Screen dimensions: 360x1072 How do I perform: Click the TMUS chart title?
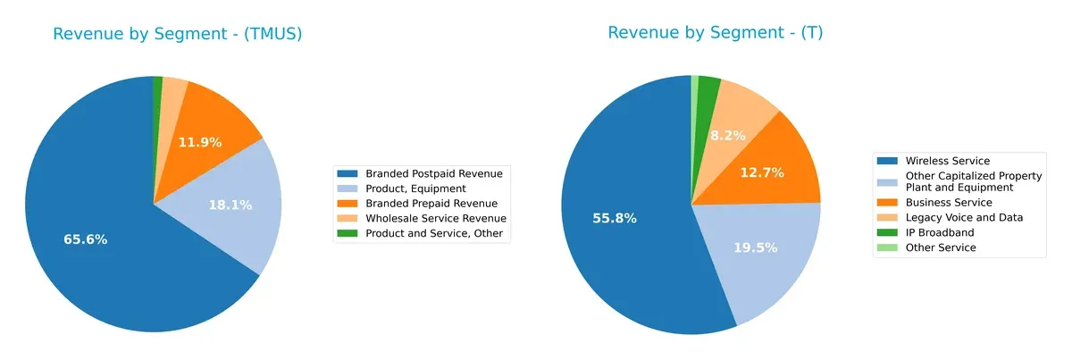pos(178,34)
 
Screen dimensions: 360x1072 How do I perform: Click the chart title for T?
pos(715,33)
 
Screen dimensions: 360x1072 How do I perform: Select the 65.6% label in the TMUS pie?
pos(86,239)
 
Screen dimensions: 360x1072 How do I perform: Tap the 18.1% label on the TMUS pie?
pos(230,205)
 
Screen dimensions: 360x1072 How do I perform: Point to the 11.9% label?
pos(199,142)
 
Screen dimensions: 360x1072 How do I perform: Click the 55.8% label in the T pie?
pos(614,218)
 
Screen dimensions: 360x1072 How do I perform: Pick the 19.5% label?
pos(760,247)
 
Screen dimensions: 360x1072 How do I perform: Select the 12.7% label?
pos(762,172)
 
